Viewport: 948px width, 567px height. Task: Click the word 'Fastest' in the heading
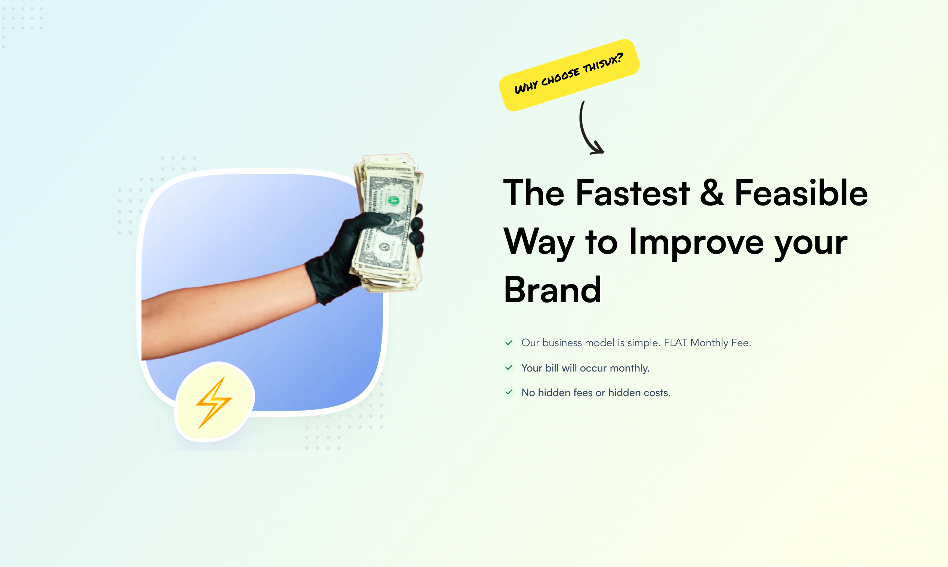[632, 193]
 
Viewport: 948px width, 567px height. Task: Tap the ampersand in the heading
[712, 193]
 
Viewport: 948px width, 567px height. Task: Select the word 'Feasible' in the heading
[801, 193]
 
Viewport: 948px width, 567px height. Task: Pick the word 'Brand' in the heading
[552, 290]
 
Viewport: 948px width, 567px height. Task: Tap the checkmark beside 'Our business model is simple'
[509, 343]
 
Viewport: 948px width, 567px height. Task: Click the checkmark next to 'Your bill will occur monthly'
[509, 367]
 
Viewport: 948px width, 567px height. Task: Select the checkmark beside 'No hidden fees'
[509, 392]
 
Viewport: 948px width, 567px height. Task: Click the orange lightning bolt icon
[214, 402]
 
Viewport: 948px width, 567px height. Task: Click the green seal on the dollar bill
[393, 200]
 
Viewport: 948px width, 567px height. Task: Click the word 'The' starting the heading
[534, 193]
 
